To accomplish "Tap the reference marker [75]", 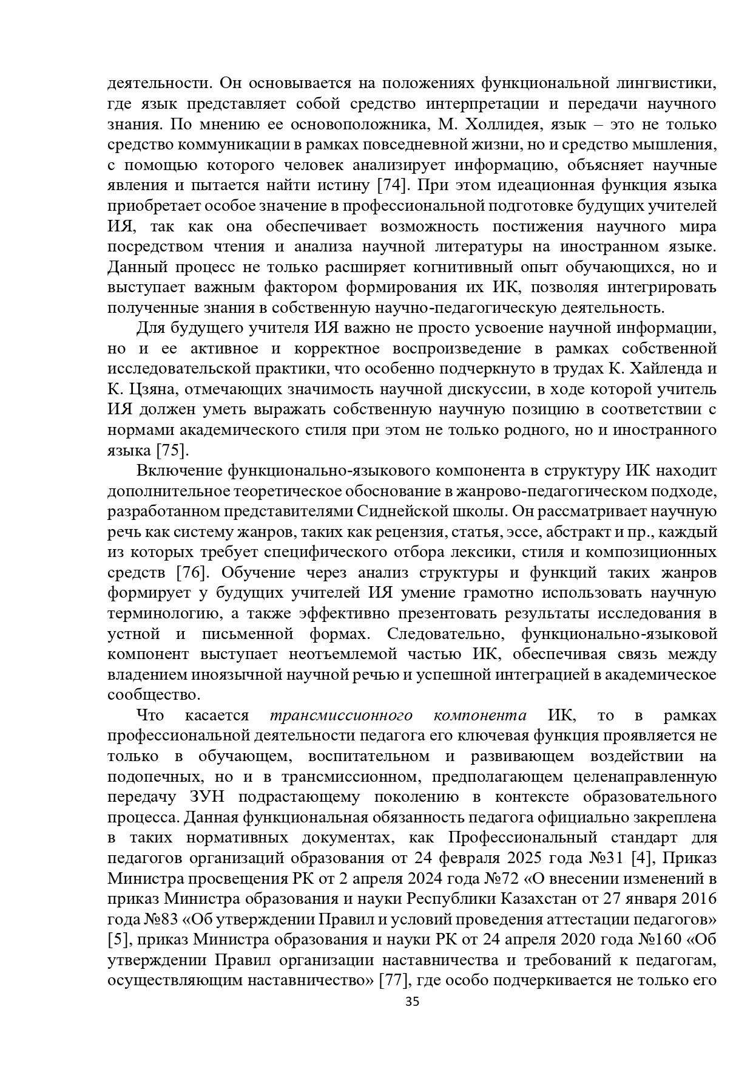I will coord(173,451).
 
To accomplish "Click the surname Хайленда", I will coord(658,369).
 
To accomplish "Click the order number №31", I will coord(602,858).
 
